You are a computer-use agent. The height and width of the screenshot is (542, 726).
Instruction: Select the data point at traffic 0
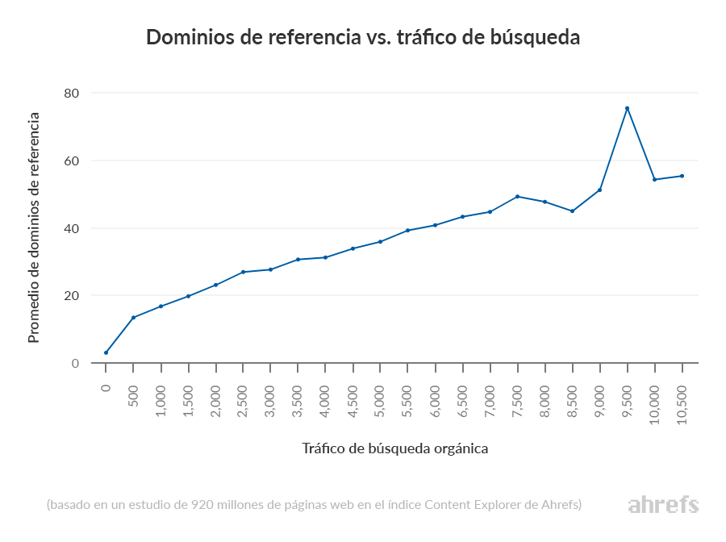(106, 352)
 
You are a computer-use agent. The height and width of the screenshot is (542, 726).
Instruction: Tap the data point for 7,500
(517, 197)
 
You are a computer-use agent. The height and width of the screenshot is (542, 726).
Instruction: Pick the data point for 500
(133, 317)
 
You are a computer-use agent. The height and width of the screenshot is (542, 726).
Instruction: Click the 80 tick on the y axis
(72, 94)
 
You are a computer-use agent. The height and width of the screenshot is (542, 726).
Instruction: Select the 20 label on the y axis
(72, 296)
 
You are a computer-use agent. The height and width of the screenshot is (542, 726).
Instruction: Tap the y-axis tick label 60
(72, 161)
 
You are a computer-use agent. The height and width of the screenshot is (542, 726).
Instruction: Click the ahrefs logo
(663, 506)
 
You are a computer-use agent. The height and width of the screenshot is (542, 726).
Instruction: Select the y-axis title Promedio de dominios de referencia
(34, 228)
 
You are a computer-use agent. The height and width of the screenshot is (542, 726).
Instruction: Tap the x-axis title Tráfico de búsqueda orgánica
(395, 448)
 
